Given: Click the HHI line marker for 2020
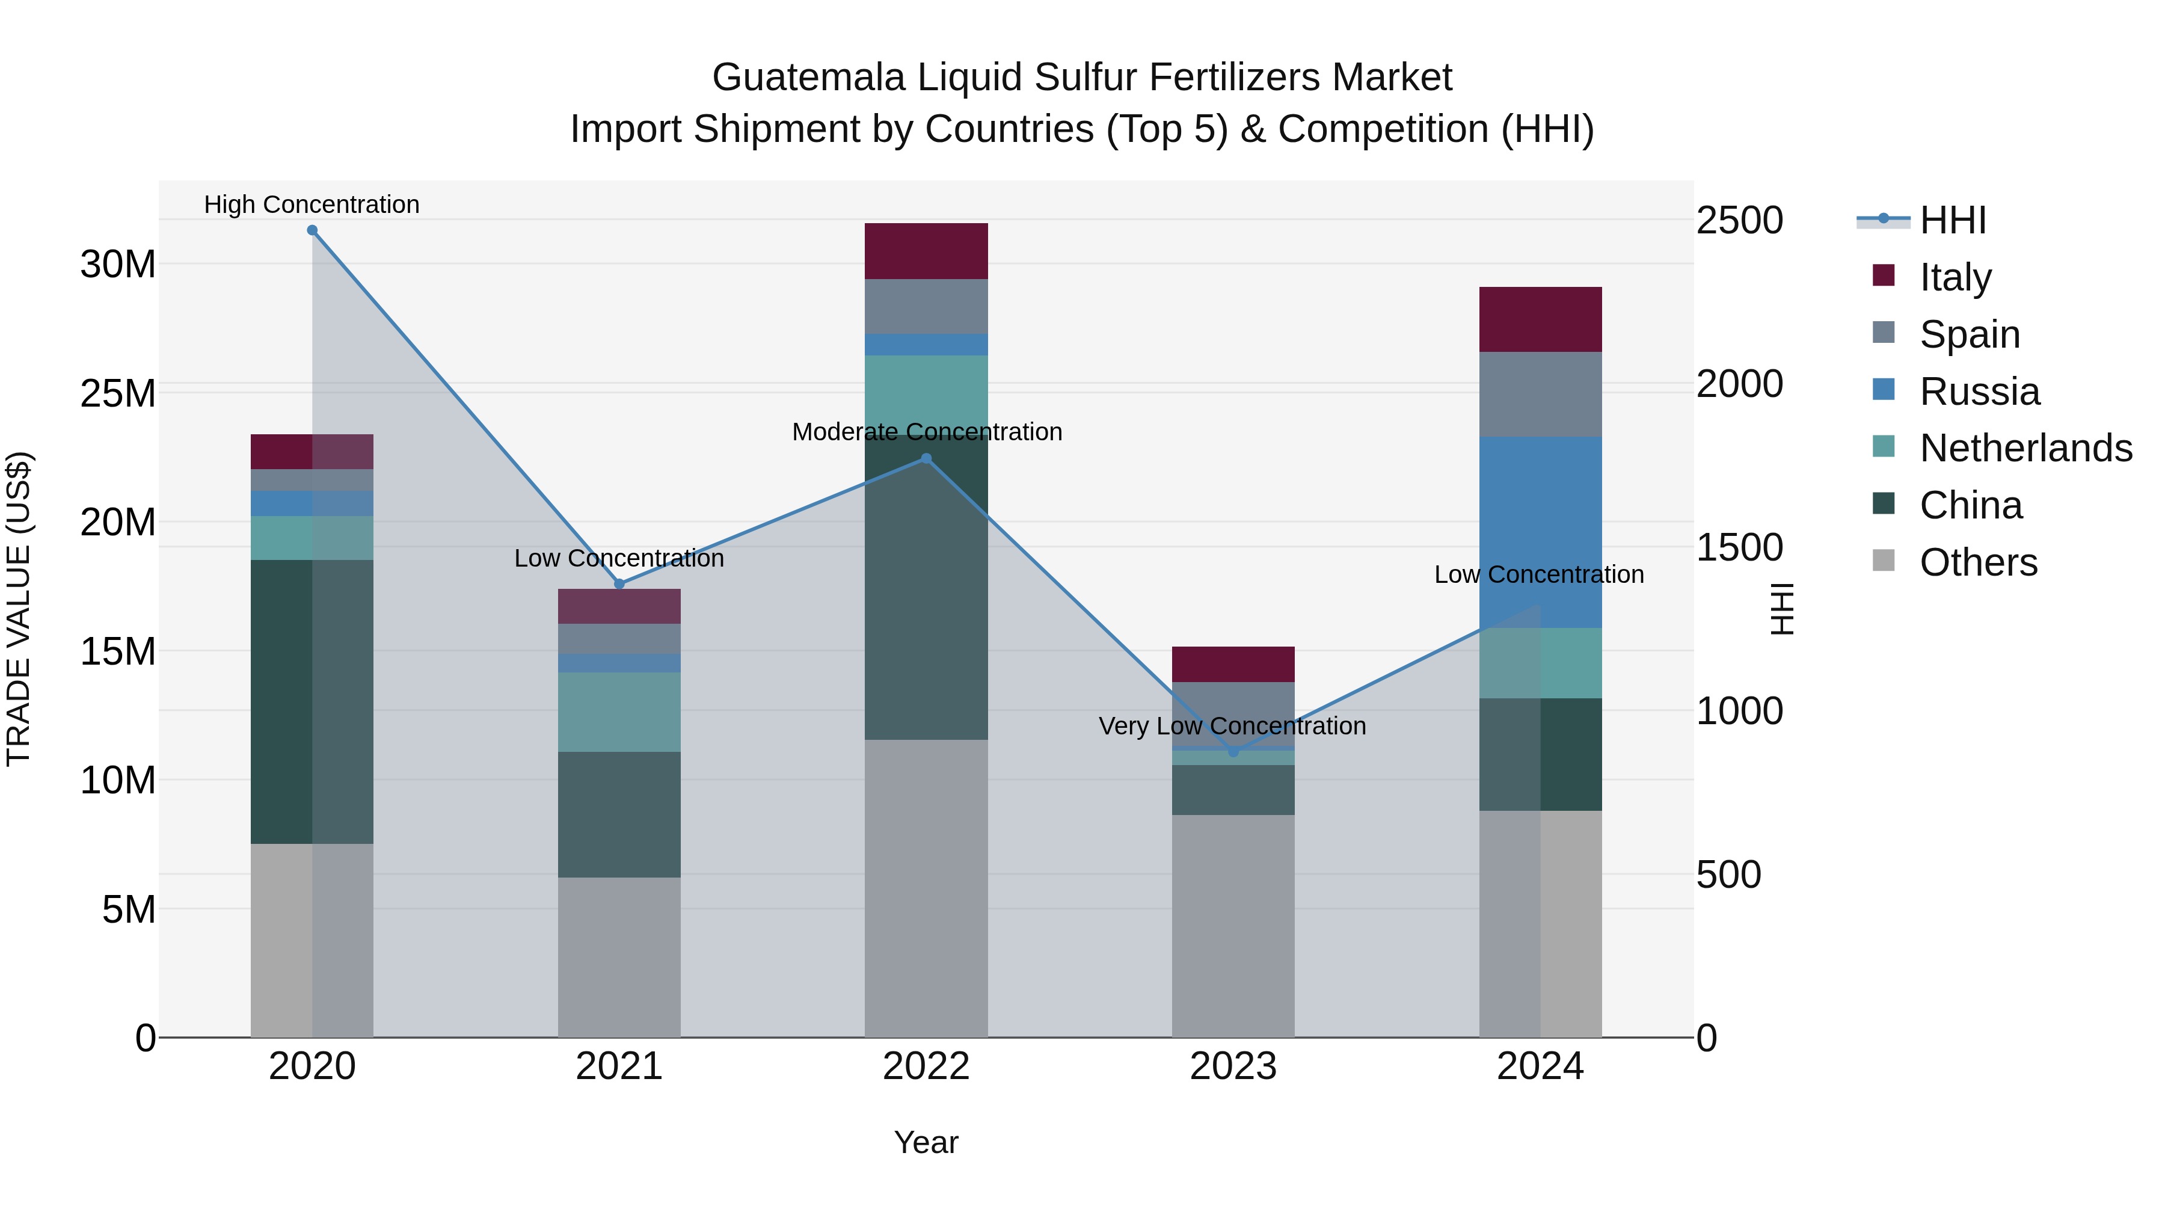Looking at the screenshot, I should point(312,230).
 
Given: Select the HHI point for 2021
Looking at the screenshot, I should point(619,583).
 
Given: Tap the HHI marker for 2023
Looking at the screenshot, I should point(1233,751).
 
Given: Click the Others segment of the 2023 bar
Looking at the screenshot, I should point(1233,924).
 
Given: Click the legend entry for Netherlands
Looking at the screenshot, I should point(2025,448).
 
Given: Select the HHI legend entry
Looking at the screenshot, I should point(1952,220).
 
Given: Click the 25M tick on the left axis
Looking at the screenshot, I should point(118,393).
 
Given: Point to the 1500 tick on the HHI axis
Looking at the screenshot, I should point(1739,547).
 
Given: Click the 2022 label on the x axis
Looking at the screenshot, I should point(926,1066).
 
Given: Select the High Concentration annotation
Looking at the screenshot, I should point(312,205).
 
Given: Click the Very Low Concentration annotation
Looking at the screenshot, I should point(1232,725).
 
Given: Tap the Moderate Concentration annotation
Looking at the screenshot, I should point(927,431).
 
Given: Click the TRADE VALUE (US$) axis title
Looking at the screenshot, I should point(19,609).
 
